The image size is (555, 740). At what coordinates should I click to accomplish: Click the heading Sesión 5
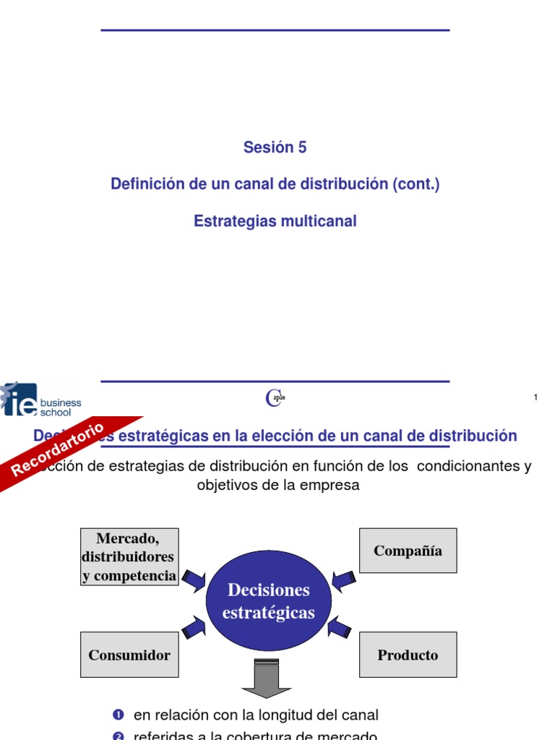coord(275,147)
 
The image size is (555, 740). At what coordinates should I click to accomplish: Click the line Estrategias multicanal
coord(275,222)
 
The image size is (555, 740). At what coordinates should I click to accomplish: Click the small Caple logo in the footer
coord(275,397)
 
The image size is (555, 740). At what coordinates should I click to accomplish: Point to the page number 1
coord(535,397)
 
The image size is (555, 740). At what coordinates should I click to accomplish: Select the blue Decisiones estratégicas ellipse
coord(269,601)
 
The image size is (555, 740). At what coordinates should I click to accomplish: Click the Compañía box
coord(408,551)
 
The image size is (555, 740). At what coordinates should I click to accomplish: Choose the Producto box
coord(408,655)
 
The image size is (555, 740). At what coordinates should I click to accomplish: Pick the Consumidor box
coord(129,655)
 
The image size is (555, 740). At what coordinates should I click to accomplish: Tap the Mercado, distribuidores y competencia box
coord(129,556)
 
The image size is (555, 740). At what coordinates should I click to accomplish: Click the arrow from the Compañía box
coord(343,579)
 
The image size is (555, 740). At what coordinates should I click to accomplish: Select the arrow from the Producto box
coord(339,627)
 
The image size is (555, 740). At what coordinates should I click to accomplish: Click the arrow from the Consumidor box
coord(194,627)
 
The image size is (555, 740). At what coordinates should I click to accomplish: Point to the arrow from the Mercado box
coord(194,579)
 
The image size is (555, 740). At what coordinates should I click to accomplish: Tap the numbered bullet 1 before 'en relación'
coord(119,715)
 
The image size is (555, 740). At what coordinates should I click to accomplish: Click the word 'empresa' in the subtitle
coord(334,486)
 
